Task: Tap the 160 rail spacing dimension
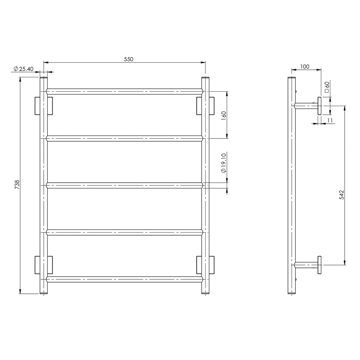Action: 223,115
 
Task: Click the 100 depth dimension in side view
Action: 304,66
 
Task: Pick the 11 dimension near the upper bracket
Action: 330,121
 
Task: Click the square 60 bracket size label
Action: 328,86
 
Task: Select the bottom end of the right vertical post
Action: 205,292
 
